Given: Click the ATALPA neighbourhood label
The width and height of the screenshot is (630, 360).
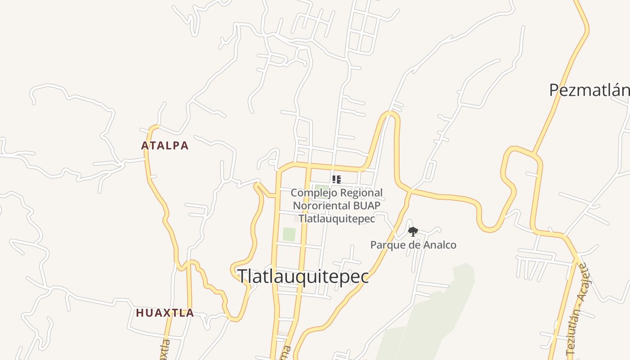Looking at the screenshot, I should [x=165, y=146].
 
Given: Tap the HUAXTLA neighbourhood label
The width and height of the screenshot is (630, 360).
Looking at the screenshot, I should [x=165, y=313].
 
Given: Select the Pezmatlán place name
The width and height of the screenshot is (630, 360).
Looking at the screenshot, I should [x=589, y=90].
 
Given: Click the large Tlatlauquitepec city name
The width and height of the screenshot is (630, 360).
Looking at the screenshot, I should [x=303, y=276].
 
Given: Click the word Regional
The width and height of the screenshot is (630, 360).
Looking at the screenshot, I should [x=361, y=193].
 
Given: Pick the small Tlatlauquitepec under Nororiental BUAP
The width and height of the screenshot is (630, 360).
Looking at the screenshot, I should [x=337, y=219].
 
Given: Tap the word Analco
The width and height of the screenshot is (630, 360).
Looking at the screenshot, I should [x=439, y=245].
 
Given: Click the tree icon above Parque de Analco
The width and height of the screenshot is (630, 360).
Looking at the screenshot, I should [x=413, y=232].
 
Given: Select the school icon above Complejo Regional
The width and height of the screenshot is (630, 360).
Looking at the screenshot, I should [x=337, y=180].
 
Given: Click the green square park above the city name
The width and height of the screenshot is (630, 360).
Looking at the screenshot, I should [x=289, y=234].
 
